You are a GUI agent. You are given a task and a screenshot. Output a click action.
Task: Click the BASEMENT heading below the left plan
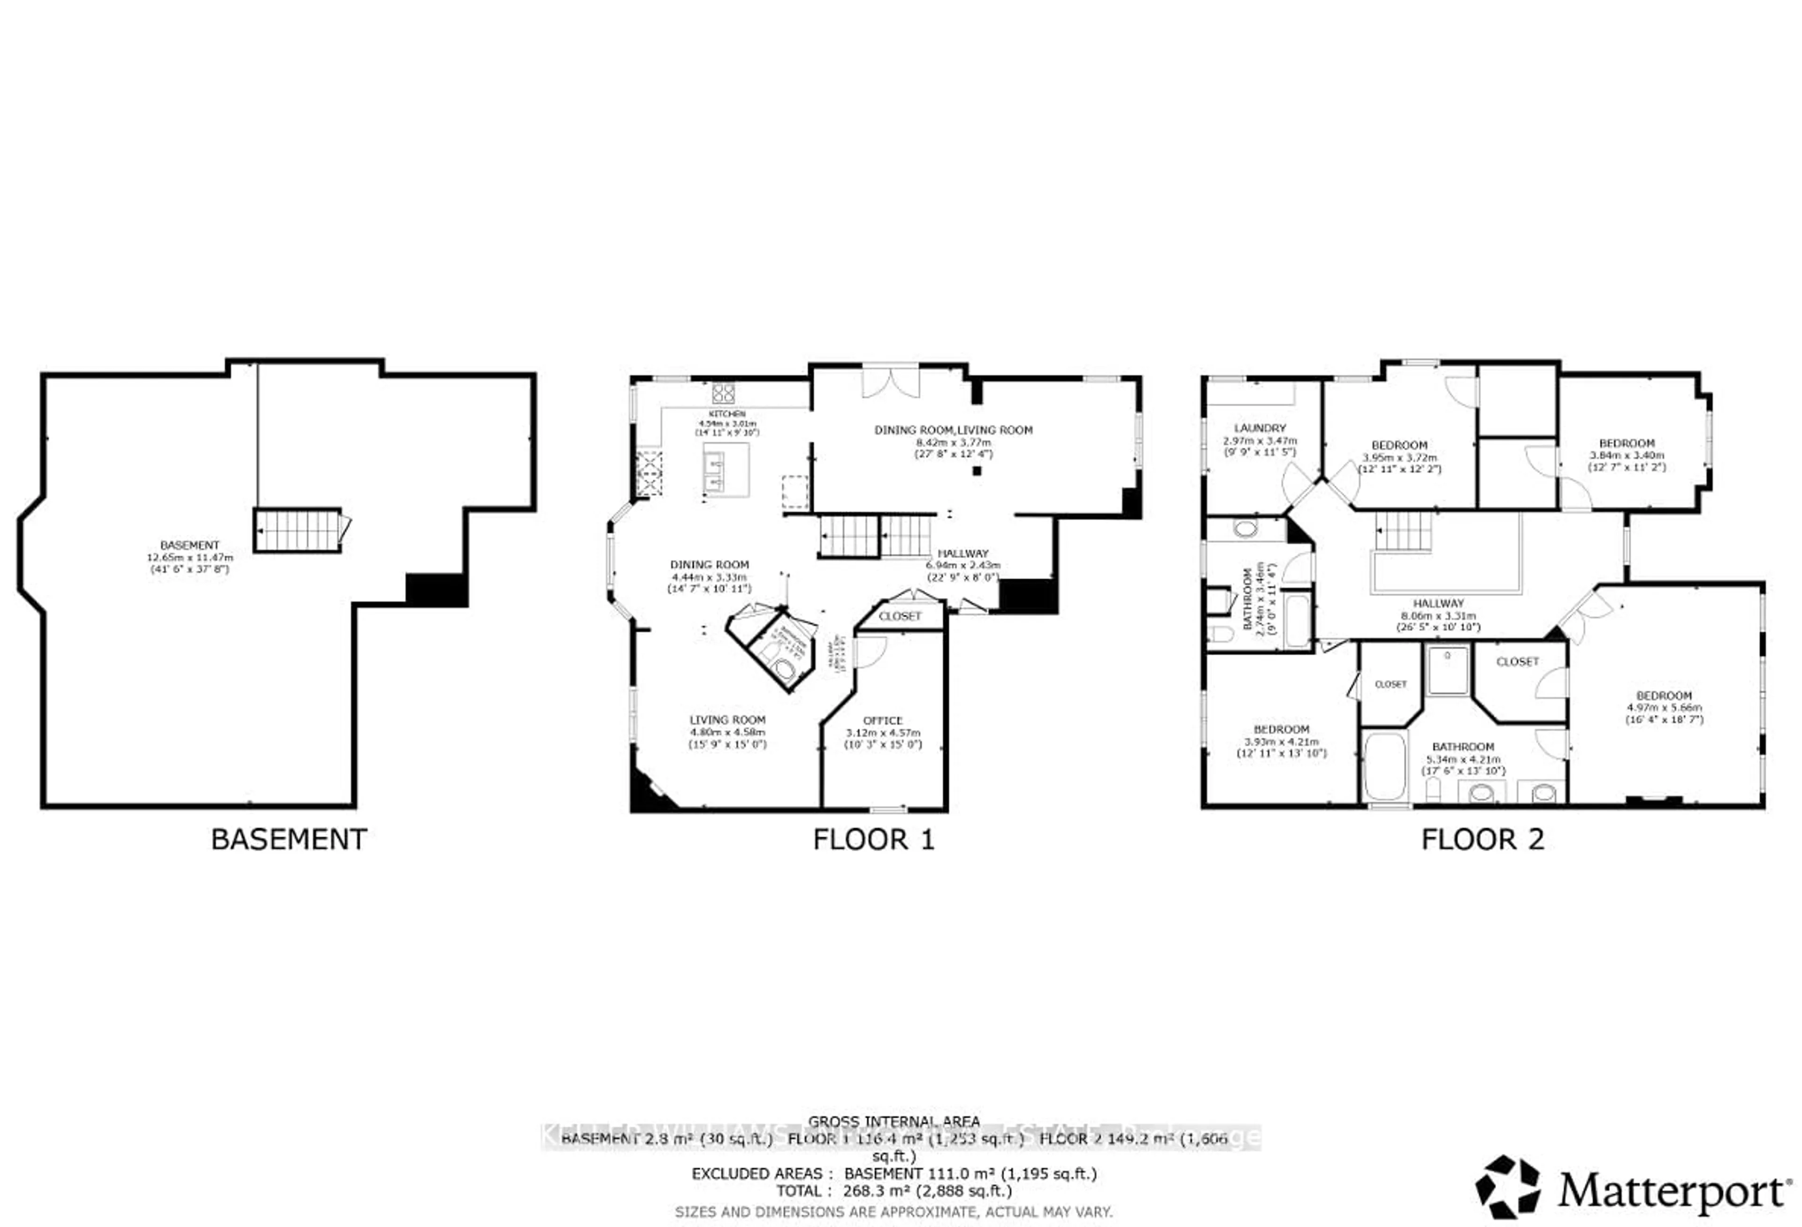click(289, 839)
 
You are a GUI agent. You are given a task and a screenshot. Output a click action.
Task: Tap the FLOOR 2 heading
click(1482, 839)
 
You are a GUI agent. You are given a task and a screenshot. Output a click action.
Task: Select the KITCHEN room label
click(726, 414)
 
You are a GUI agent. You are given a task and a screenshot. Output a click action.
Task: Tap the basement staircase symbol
click(298, 530)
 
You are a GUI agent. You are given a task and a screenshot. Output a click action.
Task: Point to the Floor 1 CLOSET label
click(900, 616)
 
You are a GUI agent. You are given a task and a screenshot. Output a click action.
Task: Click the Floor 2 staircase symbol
click(1404, 532)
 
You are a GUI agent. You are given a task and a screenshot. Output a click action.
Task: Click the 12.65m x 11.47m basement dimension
click(190, 557)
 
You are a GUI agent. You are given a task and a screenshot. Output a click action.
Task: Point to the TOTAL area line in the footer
click(894, 1190)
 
